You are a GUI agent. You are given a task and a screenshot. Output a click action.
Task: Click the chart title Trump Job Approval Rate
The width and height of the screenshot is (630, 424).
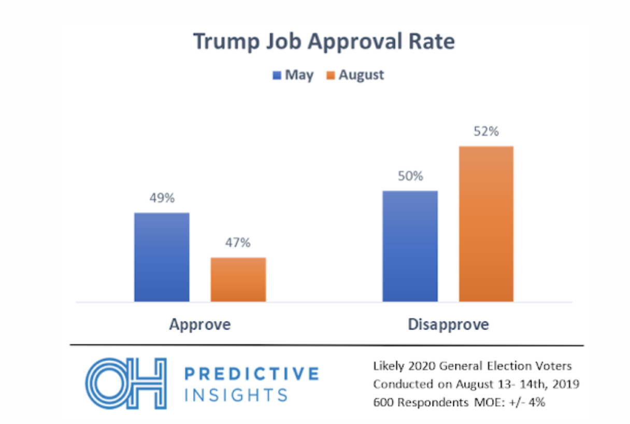324,41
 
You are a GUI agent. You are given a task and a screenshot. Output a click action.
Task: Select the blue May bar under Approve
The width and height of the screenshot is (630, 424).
162,257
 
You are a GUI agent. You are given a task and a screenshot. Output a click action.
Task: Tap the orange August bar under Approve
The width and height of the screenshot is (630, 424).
238,279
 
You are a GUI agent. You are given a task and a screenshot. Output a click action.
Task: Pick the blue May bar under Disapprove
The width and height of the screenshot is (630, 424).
410,246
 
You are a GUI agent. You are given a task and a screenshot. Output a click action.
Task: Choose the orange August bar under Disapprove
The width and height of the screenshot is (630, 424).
486,224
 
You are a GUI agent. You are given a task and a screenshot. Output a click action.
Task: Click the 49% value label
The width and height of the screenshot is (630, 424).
162,198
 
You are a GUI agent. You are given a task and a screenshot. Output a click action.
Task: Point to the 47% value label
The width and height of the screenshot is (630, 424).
238,243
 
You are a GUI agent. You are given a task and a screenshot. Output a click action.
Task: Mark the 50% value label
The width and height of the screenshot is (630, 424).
410,176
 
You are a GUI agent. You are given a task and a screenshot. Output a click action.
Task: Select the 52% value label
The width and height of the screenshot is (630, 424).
486,132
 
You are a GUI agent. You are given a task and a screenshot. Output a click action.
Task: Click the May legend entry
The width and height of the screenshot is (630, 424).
293,75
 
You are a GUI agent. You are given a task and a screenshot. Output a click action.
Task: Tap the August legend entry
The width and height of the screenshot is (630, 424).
355,75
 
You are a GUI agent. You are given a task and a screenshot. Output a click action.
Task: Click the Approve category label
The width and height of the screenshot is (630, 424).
200,324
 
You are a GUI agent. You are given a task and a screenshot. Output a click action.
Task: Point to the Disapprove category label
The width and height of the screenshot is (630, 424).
448,324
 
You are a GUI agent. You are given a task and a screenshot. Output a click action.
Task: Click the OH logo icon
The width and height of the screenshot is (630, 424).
125,384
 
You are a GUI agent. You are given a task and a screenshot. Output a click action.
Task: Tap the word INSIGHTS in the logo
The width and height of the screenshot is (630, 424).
236,395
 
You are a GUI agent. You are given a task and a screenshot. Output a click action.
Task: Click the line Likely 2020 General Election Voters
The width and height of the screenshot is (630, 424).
472,366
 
